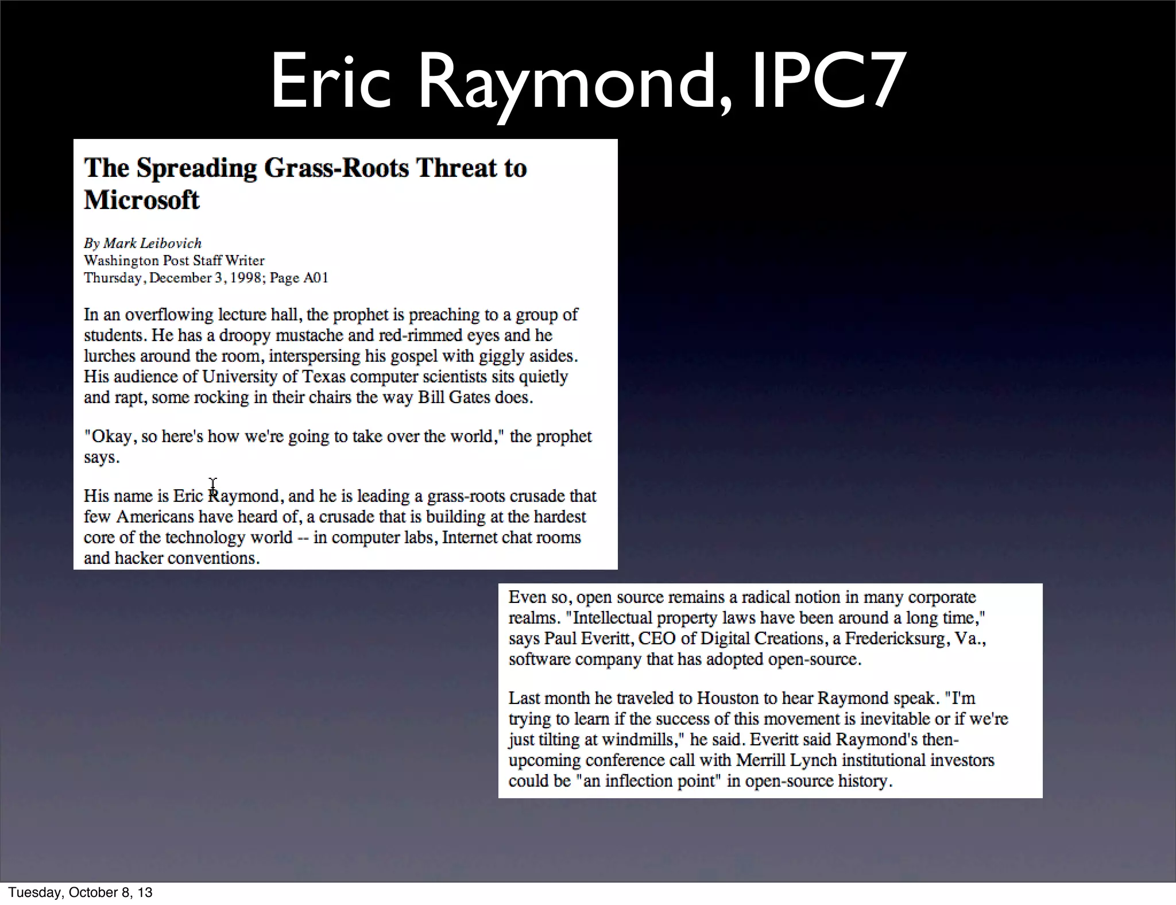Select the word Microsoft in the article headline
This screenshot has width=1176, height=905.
coord(141,200)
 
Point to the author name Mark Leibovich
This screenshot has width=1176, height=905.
coord(152,243)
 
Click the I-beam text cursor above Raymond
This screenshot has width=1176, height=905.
coord(213,485)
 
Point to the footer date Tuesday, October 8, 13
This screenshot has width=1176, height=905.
coord(80,892)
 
